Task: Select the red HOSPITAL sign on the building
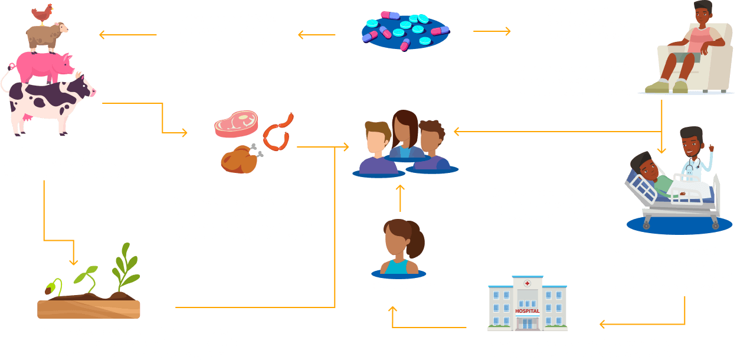[527, 310]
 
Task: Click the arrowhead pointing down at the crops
[73, 261]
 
